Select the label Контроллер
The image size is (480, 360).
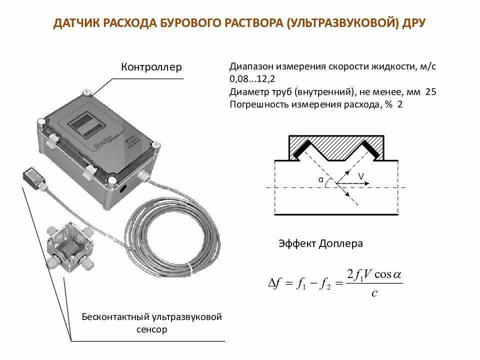click(151, 67)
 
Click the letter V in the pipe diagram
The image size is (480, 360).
click(360, 176)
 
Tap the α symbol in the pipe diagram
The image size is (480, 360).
click(320, 178)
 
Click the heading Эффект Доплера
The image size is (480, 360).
click(320, 244)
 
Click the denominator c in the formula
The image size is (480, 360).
click(374, 293)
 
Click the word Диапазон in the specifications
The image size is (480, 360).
click(250, 67)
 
